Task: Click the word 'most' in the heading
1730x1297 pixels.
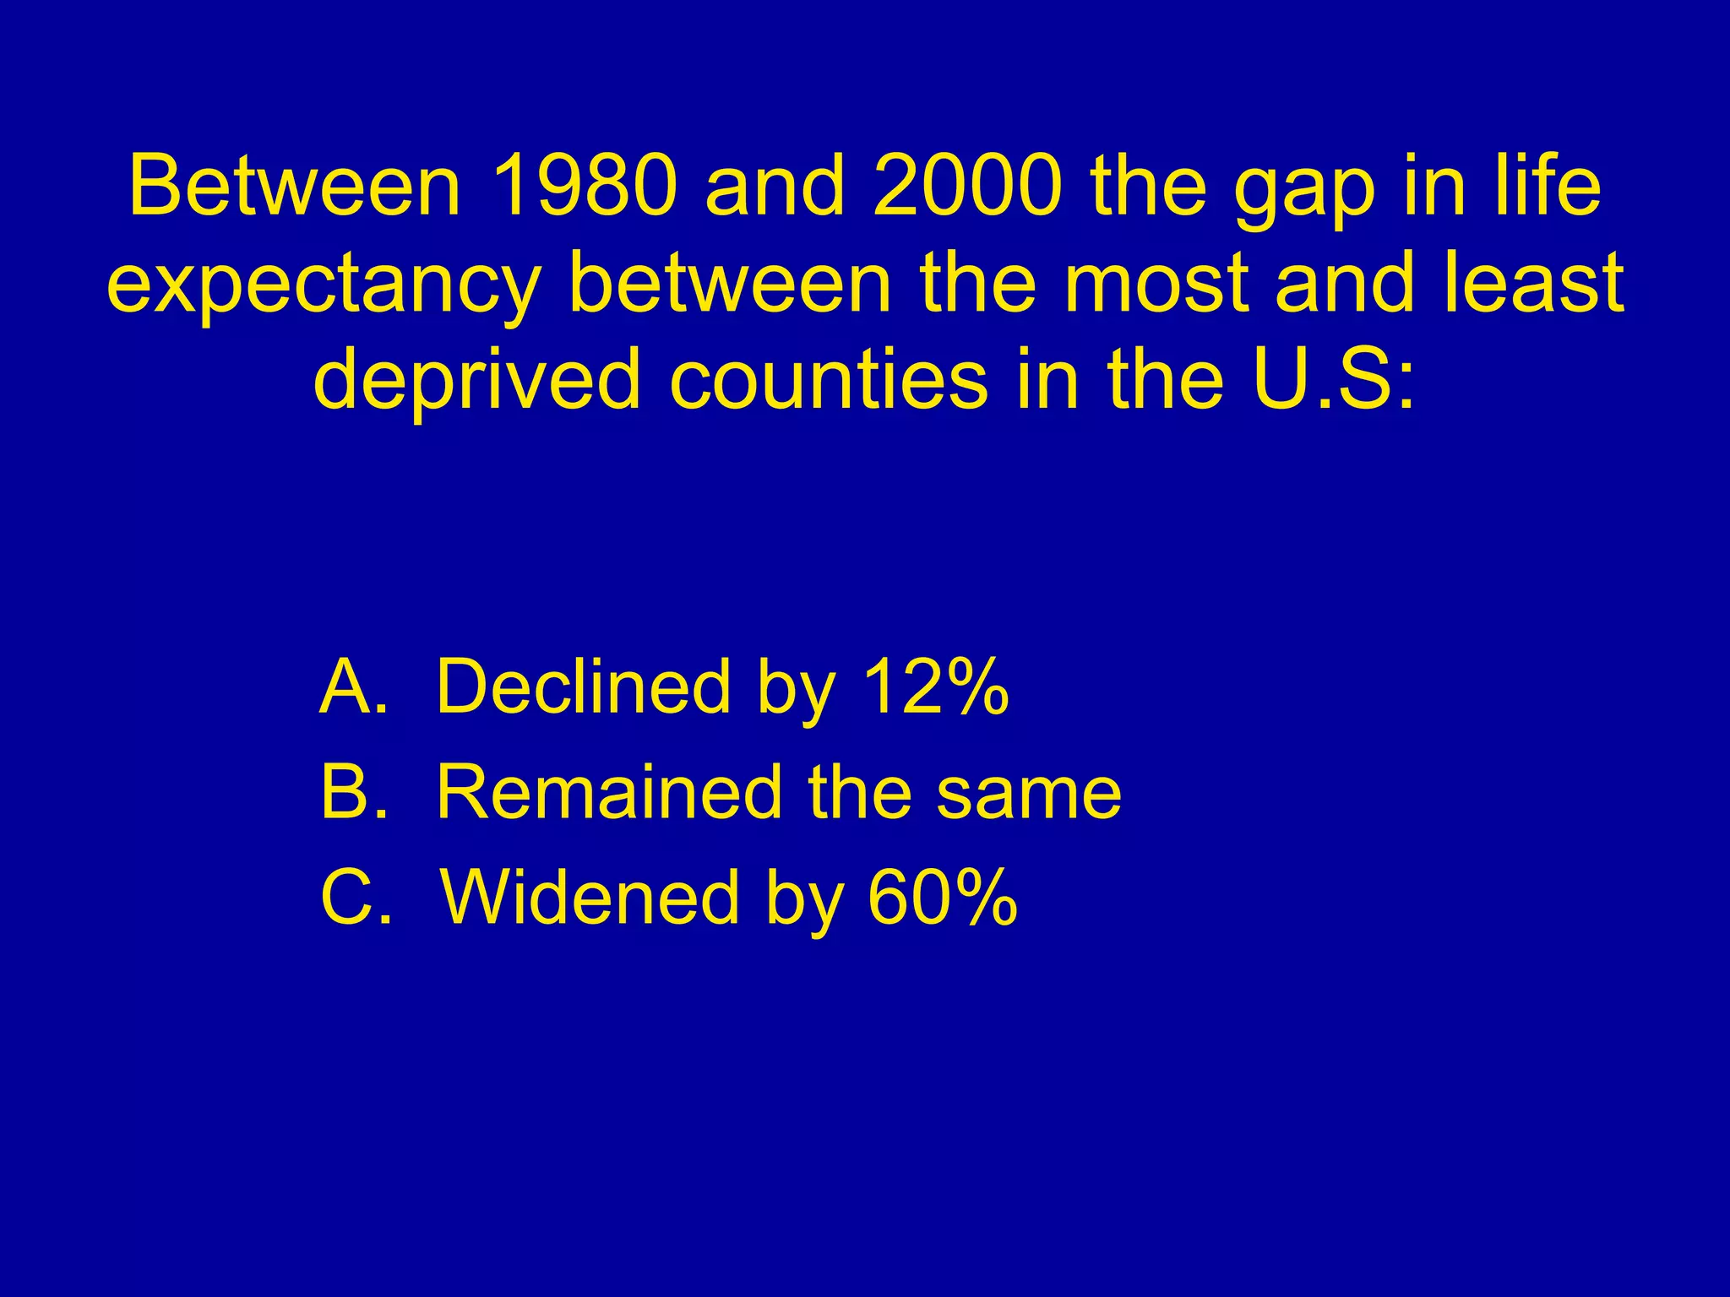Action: tap(1154, 284)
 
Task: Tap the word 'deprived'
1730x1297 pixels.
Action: tap(476, 380)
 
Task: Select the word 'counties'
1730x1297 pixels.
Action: tap(828, 380)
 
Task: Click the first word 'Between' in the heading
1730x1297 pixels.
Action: tap(296, 187)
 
